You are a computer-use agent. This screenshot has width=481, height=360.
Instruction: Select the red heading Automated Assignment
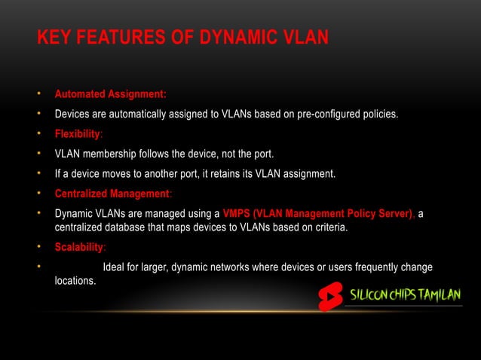click(x=110, y=95)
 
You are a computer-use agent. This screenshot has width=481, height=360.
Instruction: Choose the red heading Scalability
click(x=79, y=248)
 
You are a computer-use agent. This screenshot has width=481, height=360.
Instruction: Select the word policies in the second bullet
click(x=378, y=114)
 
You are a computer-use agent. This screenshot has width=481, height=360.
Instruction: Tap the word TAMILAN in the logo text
click(x=437, y=294)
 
